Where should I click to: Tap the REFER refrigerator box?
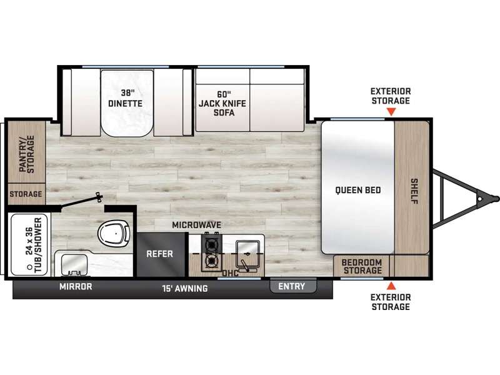161,254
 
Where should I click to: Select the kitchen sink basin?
247,251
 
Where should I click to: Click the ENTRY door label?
292,286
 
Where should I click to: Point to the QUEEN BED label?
357,191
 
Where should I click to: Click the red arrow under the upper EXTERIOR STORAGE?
391,112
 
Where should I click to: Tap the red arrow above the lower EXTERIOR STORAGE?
391,286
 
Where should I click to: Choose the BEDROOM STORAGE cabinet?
361,266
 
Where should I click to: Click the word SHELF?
414,191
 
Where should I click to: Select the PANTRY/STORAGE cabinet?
26,152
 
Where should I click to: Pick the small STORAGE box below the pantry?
26,194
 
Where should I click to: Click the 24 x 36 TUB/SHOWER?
29,245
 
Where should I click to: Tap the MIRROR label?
76,287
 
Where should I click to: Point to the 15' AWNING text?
184,288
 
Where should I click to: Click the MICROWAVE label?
196,225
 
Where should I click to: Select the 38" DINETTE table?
127,103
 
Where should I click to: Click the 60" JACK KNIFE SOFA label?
222,103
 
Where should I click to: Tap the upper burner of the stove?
211,244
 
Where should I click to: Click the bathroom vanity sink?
74,264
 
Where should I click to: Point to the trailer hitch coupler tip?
497,199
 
